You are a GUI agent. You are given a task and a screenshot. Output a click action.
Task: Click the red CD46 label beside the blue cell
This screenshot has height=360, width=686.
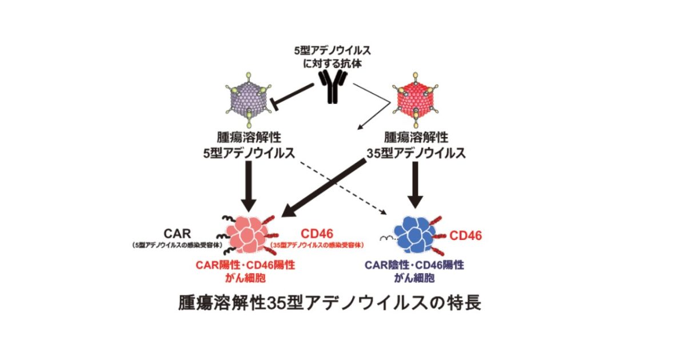pos(465,235)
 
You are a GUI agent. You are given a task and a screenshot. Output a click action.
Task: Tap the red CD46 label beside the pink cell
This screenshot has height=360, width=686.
pos(318,234)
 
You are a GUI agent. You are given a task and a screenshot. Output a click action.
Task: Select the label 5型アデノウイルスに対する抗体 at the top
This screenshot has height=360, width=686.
pos(332,57)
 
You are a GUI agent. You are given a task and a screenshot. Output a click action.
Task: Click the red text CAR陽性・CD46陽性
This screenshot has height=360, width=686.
pos(246,266)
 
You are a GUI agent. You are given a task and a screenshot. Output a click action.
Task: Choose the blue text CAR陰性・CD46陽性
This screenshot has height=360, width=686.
pos(414,266)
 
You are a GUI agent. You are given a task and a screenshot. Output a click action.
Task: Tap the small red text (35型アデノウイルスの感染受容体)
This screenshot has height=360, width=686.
pos(318,246)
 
